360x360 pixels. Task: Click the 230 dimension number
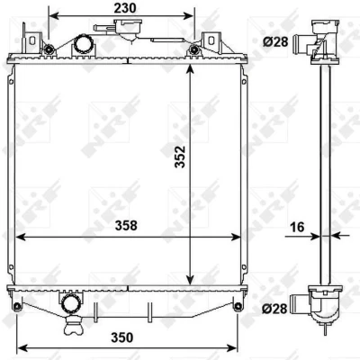tap(125, 8)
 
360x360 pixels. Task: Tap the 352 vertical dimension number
tap(181, 157)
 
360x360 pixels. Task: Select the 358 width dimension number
tap(126, 226)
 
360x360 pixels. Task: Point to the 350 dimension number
tap(122, 337)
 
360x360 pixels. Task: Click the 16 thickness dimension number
tap(297, 227)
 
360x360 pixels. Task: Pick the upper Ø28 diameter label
tap(275, 41)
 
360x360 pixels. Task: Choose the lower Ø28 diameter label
tap(274, 308)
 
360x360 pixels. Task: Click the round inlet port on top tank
tap(83, 44)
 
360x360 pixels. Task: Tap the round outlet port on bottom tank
tap(70, 304)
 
